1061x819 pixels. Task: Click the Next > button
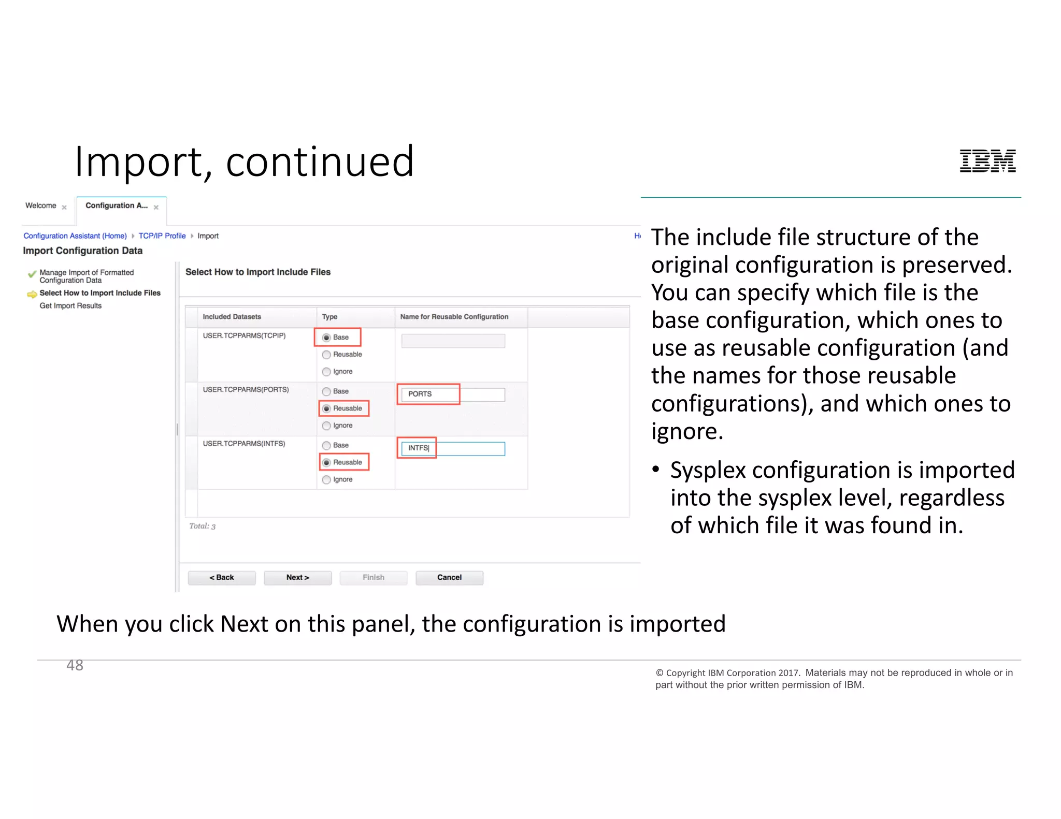coord(297,577)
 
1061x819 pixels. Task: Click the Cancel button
coord(449,577)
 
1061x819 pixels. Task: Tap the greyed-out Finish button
coord(373,577)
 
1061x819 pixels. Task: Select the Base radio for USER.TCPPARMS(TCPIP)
coord(326,338)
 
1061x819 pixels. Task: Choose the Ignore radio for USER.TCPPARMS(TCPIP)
coord(326,372)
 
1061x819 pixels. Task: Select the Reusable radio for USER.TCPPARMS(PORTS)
coord(326,408)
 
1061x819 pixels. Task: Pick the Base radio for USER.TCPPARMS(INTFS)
coord(326,445)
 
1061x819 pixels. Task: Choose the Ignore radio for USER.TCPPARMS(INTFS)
coord(326,480)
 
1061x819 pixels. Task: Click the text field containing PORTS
coord(453,394)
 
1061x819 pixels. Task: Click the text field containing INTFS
coord(453,448)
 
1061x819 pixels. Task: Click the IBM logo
coord(987,160)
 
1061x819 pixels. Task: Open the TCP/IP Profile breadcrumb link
coord(162,236)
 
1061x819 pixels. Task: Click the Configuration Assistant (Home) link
coord(75,236)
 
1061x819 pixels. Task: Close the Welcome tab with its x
coord(64,208)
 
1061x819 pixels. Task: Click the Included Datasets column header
coord(232,317)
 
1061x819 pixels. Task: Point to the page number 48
coord(75,665)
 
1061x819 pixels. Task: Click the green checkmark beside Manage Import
coord(32,273)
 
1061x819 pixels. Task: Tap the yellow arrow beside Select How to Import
coord(32,294)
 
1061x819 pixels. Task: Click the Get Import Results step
coord(70,306)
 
